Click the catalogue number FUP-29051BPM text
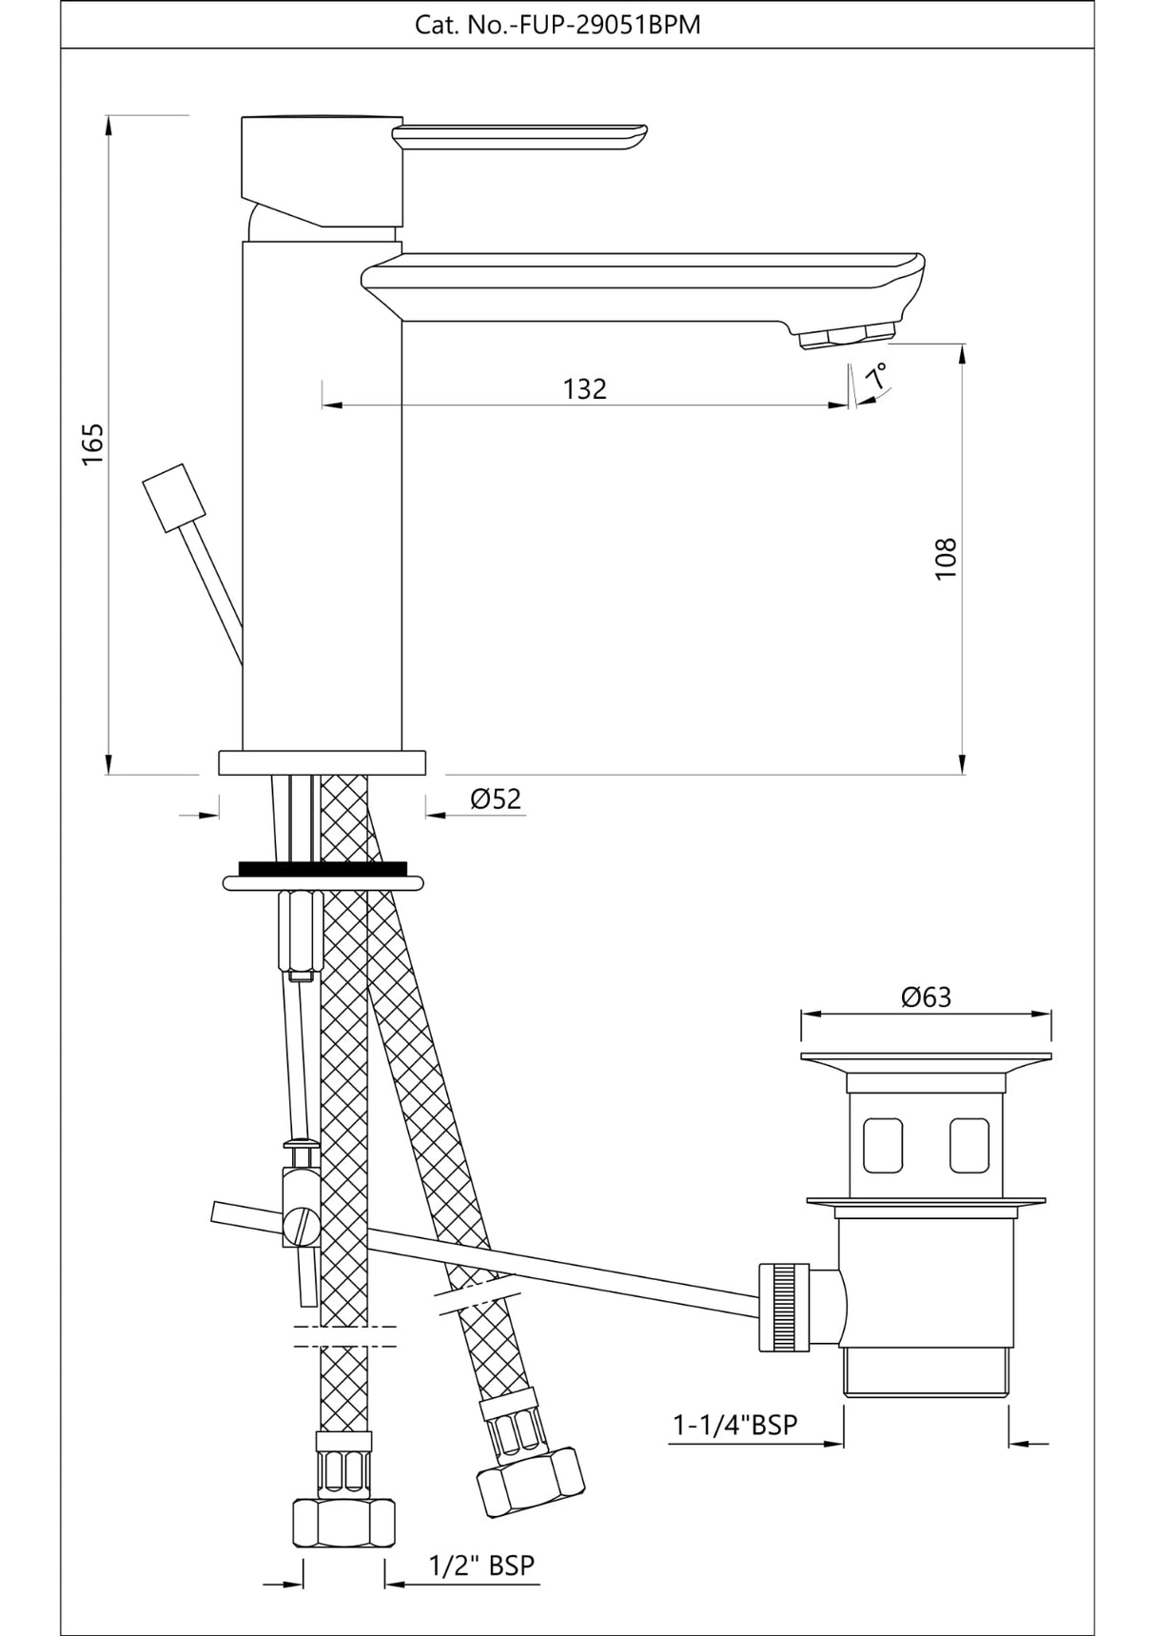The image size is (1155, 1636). click(x=558, y=25)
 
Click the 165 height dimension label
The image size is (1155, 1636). click(x=92, y=443)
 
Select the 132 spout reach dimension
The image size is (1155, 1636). click(x=584, y=389)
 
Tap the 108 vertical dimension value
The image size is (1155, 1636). click(x=945, y=559)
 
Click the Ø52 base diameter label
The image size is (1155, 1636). click(x=496, y=798)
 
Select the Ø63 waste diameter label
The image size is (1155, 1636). click(x=926, y=996)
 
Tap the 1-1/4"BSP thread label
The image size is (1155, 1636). click(x=735, y=1425)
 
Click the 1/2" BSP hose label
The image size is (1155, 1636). click(x=481, y=1565)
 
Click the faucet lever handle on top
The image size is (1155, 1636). click(x=521, y=136)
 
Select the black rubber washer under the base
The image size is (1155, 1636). click(x=323, y=868)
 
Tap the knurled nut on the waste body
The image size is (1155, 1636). click(x=784, y=1307)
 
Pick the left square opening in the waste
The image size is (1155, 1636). click(x=882, y=1145)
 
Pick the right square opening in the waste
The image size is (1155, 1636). click(x=969, y=1145)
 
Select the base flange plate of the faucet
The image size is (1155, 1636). click(x=322, y=762)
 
